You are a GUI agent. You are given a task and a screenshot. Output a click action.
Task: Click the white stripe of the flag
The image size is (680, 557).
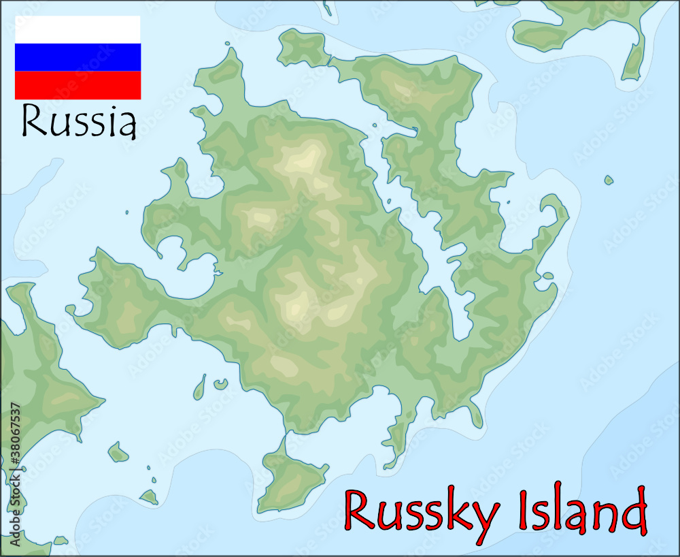[x=78, y=29]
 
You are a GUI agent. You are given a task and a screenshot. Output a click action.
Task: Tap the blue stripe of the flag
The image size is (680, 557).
[x=78, y=57]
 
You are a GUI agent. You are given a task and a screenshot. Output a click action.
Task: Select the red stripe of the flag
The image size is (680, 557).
[x=78, y=85]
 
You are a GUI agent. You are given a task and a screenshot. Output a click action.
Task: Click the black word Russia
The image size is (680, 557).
[x=79, y=121]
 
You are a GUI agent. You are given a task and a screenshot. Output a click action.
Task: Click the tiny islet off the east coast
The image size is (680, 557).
[x=609, y=180]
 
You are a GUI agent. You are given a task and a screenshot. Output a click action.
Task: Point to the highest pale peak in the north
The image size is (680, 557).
[x=305, y=160]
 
